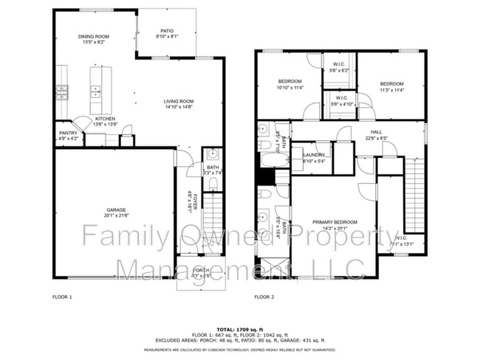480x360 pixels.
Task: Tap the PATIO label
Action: coord(166,30)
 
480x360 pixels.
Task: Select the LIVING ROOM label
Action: coord(178,102)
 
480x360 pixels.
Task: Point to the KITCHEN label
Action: coord(104,119)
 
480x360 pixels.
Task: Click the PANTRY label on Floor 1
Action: coord(68,134)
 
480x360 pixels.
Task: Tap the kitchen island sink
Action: coord(96,91)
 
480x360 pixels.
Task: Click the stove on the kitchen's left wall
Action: coord(61,91)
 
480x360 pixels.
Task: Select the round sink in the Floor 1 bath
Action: coord(212,155)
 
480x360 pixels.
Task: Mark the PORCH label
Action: coord(201,270)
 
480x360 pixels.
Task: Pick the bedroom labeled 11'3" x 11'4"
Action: coord(391,84)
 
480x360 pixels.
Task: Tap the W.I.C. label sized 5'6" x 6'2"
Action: coord(339,65)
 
